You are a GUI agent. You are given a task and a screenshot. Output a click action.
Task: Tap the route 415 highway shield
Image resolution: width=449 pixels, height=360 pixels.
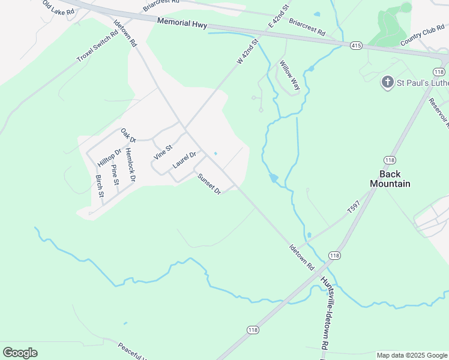356,45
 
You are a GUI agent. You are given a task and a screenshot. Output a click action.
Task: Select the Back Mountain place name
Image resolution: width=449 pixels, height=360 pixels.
390,179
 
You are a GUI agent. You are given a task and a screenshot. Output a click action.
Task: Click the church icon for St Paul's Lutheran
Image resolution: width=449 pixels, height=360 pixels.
388,82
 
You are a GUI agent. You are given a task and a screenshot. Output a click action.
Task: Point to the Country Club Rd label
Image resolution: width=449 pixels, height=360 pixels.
422,37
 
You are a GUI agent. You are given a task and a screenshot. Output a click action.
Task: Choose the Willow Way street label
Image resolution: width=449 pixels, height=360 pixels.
290,75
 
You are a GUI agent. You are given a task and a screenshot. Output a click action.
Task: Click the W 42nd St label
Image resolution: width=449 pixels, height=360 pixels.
247,52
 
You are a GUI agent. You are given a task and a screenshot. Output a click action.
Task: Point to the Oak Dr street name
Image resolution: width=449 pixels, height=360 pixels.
128,135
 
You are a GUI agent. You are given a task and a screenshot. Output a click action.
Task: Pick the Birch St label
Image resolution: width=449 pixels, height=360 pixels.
100,186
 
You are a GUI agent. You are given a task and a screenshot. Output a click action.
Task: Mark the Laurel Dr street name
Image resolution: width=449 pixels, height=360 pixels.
184,159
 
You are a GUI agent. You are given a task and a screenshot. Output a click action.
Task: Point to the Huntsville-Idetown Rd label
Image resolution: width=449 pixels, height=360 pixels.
326,314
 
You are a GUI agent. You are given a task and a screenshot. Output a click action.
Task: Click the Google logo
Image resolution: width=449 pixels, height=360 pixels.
20,353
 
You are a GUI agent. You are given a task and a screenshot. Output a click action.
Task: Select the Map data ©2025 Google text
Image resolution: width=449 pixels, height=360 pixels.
412,355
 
